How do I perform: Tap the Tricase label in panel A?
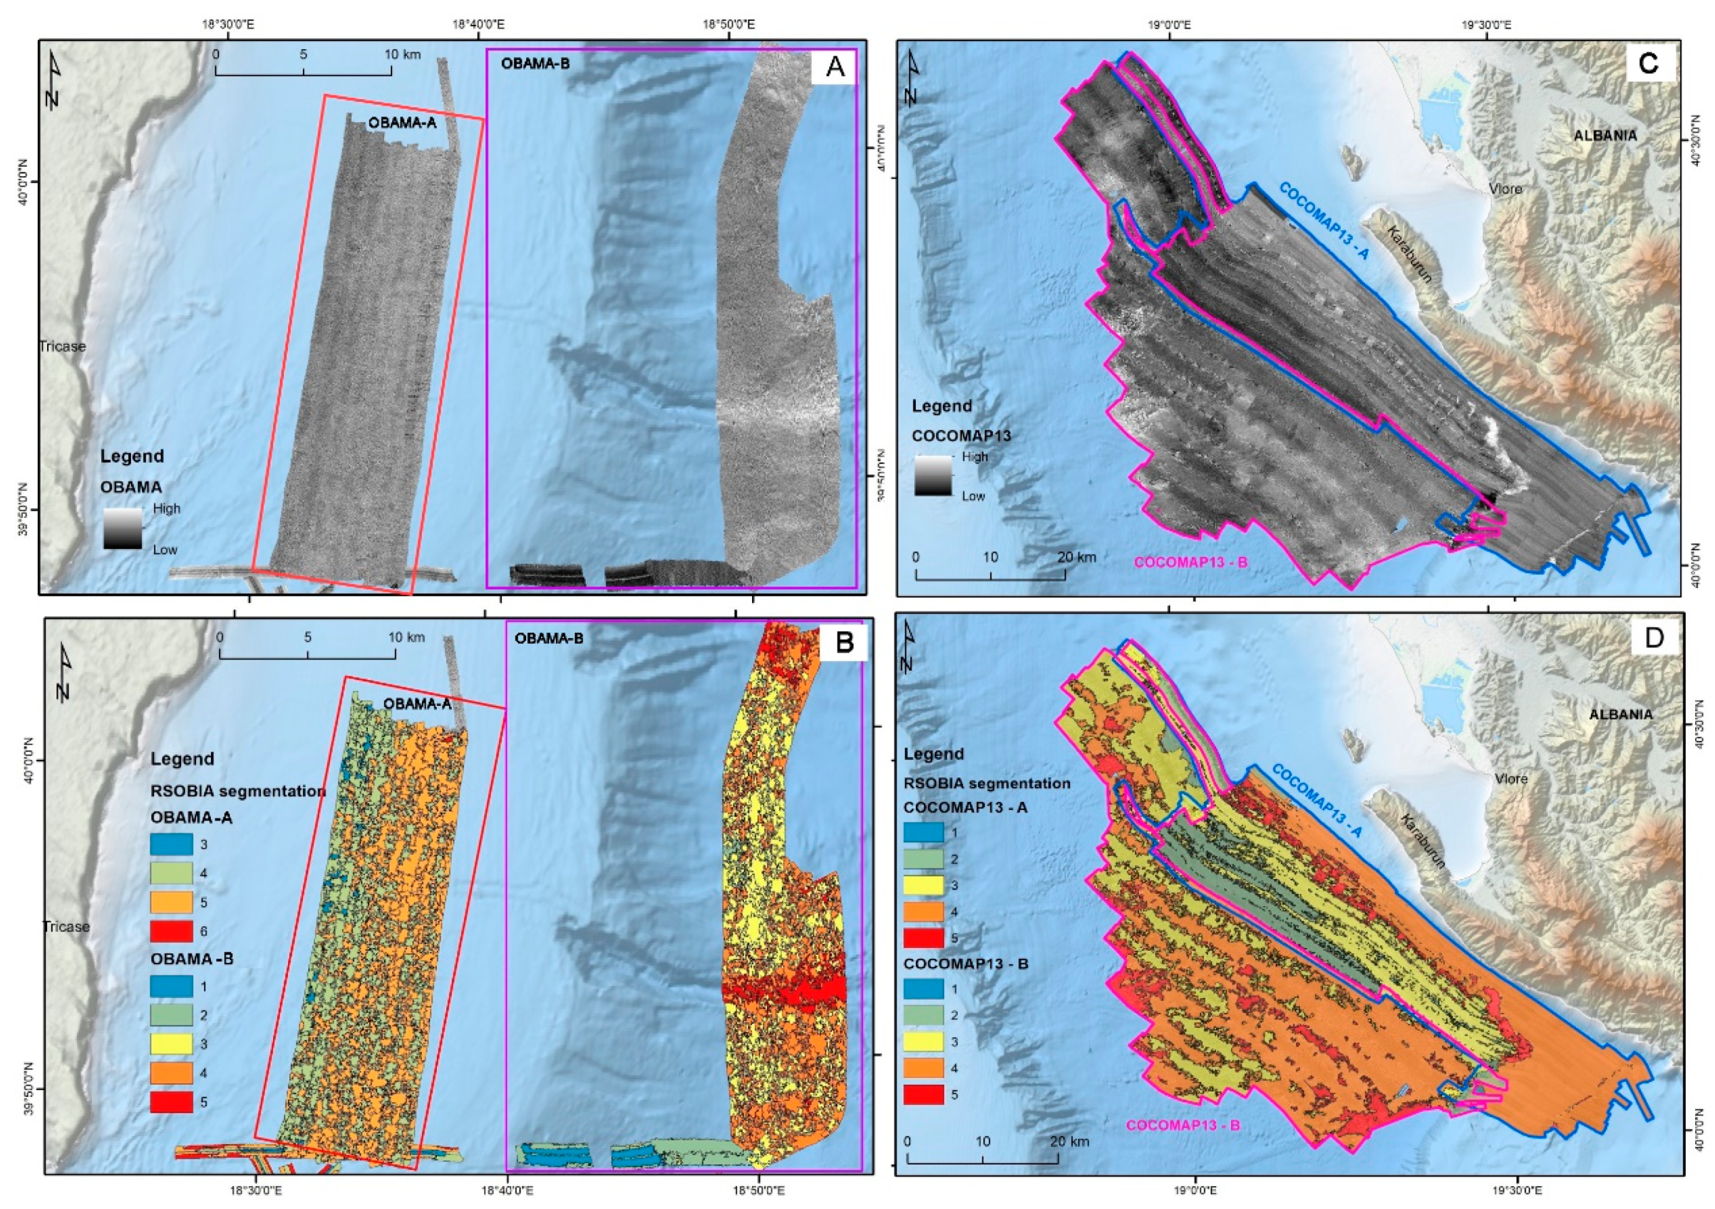tap(63, 347)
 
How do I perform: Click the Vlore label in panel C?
tap(1505, 189)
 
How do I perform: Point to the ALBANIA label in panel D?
tap(1620, 714)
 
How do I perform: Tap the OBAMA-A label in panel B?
tap(418, 703)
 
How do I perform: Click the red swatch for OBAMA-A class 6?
tap(171, 931)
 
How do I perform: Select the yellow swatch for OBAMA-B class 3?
tap(171, 1044)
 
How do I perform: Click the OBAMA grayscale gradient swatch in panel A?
tap(122, 529)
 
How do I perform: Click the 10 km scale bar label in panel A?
tap(402, 55)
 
